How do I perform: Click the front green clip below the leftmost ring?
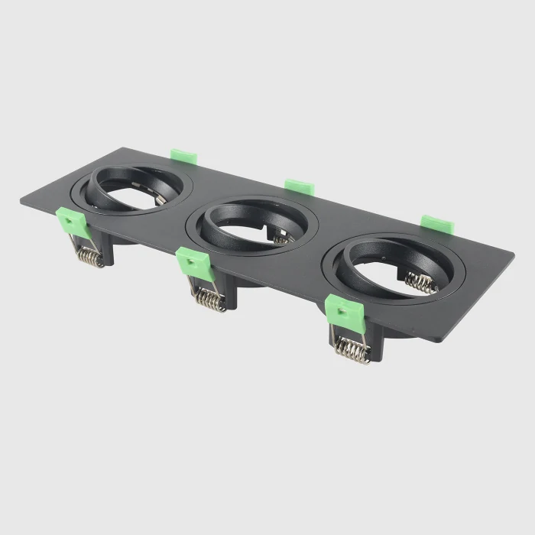[x=73, y=222]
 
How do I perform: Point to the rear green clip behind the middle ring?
[x=300, y=186]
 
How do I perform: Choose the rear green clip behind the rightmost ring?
[x=437, y=223]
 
